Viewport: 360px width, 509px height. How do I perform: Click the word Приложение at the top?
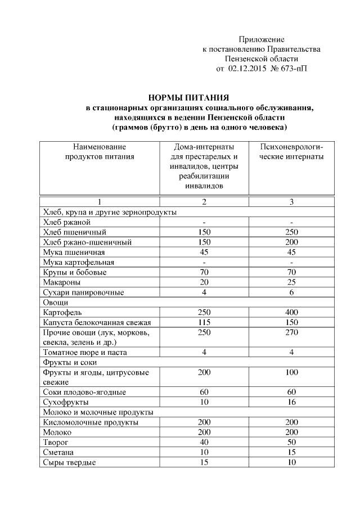[262, 39]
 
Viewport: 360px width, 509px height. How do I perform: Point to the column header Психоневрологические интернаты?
[291, 152]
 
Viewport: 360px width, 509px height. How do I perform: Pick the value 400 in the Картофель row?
[291, 312]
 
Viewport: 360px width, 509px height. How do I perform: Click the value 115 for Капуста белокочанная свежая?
[204, 322]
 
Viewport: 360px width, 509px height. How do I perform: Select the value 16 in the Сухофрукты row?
[291, 402]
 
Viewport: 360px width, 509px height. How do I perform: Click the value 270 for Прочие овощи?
[291, 332]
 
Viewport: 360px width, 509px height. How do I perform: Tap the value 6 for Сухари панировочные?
[291, 292]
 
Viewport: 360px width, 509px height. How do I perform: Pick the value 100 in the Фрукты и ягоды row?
[291, 372]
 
